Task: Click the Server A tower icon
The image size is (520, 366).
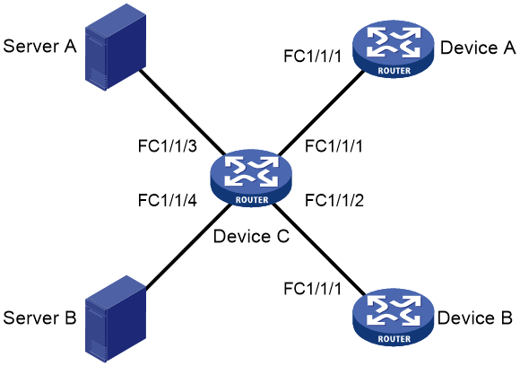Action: click(116, 48)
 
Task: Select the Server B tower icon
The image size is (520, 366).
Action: click(116, 318)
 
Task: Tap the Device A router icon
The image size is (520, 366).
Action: click(394, 49)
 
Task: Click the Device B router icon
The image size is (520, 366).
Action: click(394, 318)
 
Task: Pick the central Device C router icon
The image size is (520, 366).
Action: click(251, 179)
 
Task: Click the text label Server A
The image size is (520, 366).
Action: click(39, 46)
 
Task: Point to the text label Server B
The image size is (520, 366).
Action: click(39, 318)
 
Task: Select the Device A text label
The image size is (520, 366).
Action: click(478, 48)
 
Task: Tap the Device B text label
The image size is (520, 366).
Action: click(475, 318)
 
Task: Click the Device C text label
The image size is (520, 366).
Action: click(251, 236)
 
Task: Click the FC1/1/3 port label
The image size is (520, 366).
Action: click(168, 146)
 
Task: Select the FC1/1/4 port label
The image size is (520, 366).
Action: click(168, 200)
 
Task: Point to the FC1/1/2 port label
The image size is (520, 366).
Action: click(334, 200)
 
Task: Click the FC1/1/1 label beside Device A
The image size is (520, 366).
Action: click(313, 57)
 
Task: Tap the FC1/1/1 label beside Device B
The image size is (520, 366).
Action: click(313, 289)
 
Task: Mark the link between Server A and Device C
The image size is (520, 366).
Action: click(182, 112)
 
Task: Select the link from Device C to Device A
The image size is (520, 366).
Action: click(321, 113)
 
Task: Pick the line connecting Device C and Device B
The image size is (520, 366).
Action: click(318, 248)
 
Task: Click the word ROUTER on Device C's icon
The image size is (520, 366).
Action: click(252, 200)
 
